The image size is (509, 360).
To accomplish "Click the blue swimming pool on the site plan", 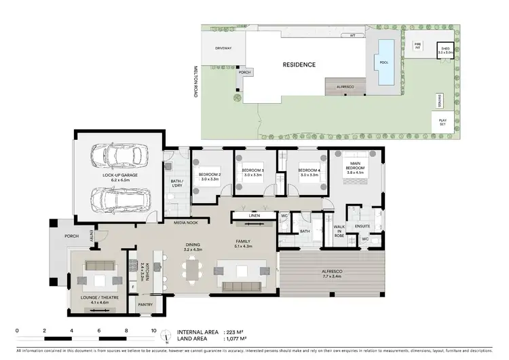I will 385,62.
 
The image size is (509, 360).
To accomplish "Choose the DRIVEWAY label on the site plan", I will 223,48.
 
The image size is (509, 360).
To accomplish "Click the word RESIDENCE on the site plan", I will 299,65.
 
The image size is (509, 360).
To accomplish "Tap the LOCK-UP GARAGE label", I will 120,175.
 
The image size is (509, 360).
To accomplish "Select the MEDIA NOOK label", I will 185,223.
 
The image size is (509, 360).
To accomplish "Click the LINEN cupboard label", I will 254,217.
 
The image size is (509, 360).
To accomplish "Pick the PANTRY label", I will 145,305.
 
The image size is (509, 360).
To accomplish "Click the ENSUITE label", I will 363,226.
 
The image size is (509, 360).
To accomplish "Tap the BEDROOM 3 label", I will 252,170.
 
